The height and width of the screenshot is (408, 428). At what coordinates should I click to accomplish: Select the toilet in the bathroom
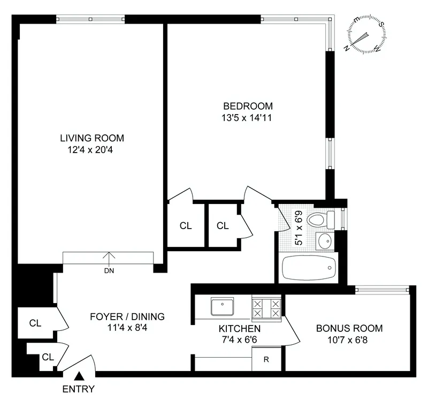[321, 219]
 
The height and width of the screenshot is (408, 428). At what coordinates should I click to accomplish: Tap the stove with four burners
[266, 308]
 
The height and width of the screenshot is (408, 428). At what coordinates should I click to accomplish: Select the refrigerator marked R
[266, 359]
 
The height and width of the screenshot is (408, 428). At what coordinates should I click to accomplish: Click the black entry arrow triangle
[79, 378]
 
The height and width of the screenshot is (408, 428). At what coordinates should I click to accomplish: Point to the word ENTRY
[79, 389]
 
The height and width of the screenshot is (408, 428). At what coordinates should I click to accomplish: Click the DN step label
[109, 270]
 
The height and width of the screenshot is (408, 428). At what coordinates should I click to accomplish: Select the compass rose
[366, 35]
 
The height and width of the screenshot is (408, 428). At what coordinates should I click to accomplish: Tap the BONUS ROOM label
[349, 328]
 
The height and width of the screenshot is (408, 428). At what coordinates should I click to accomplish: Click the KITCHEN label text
[240, 328]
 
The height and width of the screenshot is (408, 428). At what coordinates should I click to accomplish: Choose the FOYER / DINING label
[127, 316]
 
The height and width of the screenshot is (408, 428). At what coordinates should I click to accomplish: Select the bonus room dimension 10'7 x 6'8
[349, 340]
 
